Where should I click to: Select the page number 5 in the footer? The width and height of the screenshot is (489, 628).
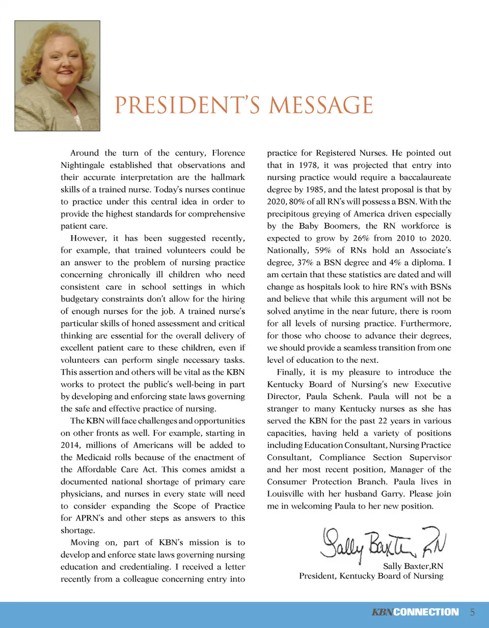[472, 612]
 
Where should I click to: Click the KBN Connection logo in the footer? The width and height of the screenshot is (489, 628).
[415, 612]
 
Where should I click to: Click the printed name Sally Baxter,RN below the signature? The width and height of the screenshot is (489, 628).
[413, 566]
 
